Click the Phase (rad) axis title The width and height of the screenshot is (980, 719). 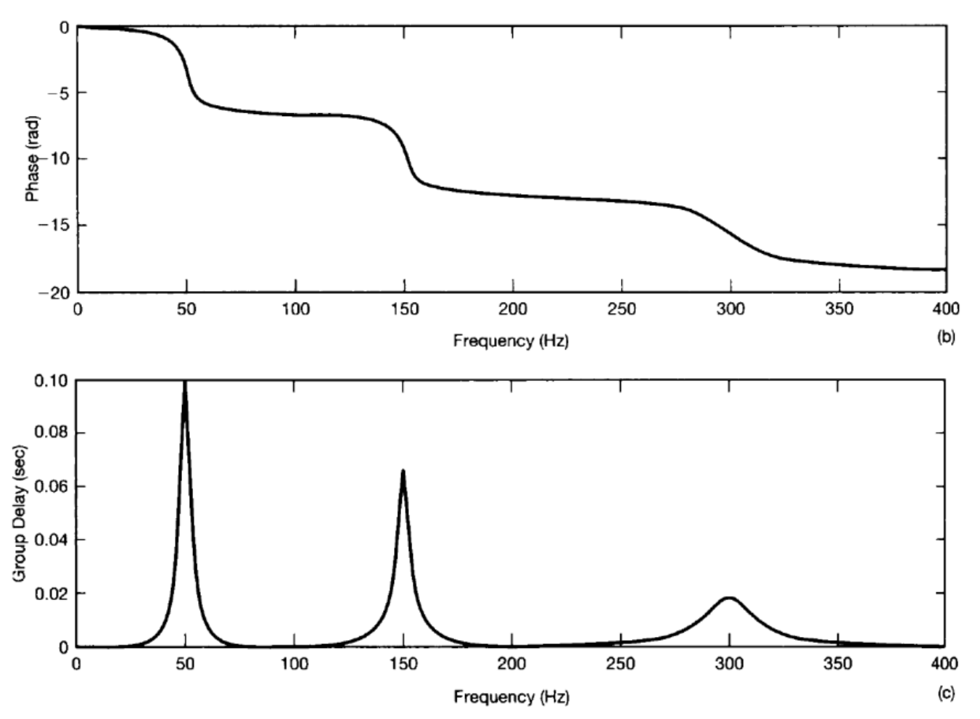[33, 160]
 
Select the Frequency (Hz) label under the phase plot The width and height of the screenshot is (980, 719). [511, 340]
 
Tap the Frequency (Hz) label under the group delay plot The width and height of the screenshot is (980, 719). [511, 697]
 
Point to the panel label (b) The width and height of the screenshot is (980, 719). [946, 337]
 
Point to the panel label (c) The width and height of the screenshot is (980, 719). [946, 694]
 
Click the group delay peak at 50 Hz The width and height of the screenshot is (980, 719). [185, 382]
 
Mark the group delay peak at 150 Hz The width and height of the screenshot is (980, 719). [403, 471]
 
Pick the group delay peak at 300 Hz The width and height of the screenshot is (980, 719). [729, 598]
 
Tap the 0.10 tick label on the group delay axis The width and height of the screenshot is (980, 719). [51, 381]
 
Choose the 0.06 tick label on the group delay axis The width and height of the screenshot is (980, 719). [51, 486]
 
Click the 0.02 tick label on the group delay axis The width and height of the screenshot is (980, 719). [51, 593]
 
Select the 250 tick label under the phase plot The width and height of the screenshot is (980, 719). [622, 309]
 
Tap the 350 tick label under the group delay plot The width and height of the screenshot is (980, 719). [838, 664]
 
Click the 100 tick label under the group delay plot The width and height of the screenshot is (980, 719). [294, 664]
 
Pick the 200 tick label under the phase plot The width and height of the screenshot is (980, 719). [513, 309]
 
